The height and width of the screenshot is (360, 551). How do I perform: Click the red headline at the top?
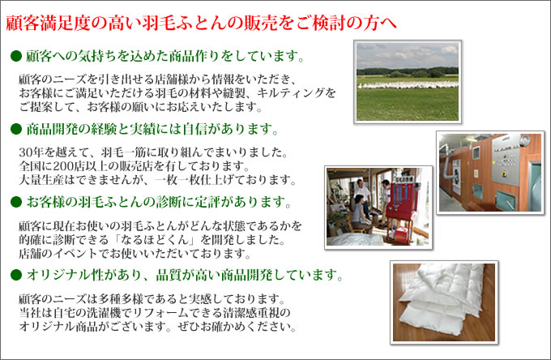point(201,24)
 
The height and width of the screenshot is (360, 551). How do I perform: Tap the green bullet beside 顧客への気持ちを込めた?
point(16,56)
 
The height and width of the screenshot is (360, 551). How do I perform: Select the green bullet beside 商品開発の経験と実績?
point(16,129)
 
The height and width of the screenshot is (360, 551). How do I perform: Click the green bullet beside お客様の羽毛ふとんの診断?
point(16,202)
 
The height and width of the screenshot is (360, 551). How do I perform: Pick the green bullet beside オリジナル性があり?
point(16,275)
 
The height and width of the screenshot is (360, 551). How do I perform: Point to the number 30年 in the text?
point(31,152)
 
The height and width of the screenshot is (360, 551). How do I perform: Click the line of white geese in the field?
point(408,84)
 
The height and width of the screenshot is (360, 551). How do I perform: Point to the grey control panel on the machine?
point(506,160)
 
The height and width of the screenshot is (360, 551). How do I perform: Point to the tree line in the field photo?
point(408,71)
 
